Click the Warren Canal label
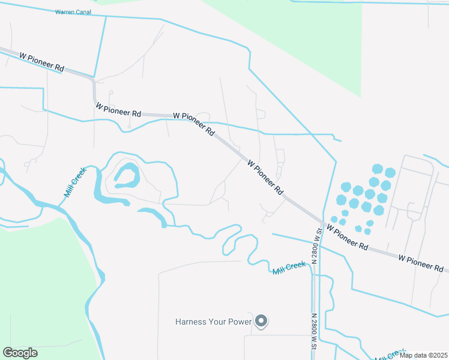pyautogui.click(x=73, y=12)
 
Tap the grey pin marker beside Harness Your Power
pyautogui.click(x=261, y=322)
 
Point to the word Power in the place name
pyautogui.click(x=240, y=322)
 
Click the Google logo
pyautogui.click(x=20, y=353)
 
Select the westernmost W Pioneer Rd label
pyautogui.click(x=41, y=62)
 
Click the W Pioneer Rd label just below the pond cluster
pyautogui.click(x=347, y=238)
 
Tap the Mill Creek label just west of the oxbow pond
pyautogui.click(x=76, y=182)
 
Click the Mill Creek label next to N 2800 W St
pyautogui.click(x=289, y=268)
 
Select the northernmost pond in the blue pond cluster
pyautogui.click(x=377, y=169)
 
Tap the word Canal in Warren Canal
pyautogui.click(x=82, y=12)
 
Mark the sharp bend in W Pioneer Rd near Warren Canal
pyautogui.click(x=93, y=81)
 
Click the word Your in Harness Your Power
pyautogui.click(x=217, y=322)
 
